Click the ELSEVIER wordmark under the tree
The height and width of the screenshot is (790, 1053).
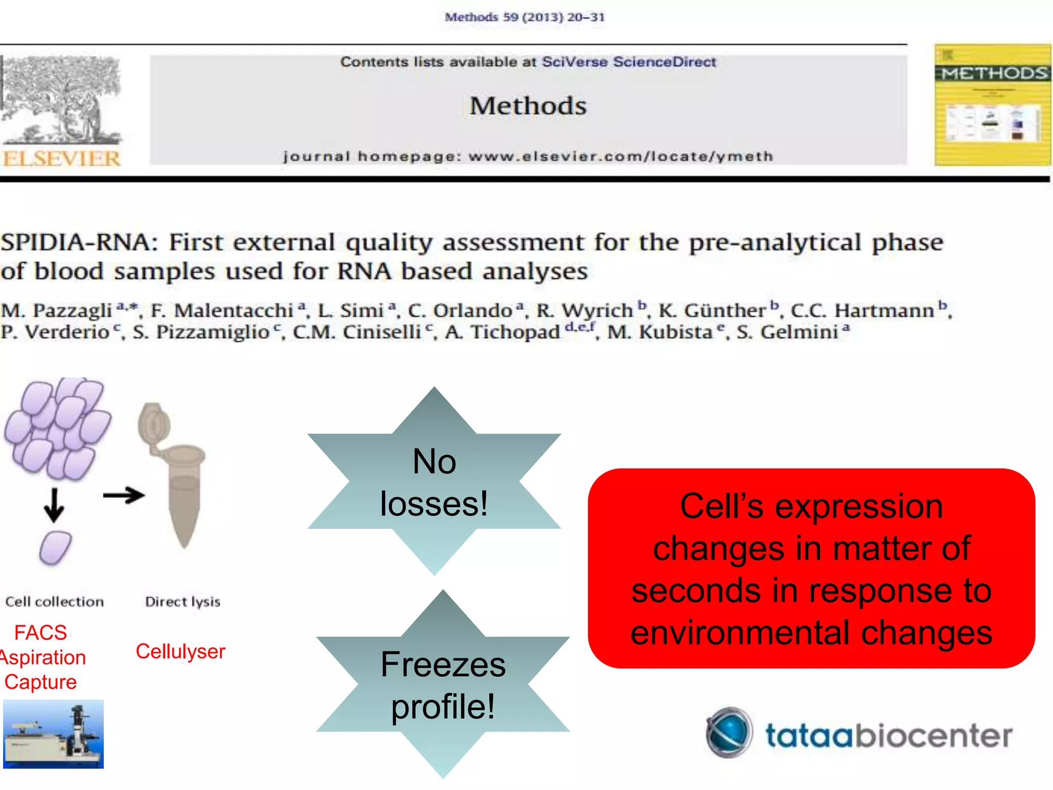pyautogui.click(x=62, y=159)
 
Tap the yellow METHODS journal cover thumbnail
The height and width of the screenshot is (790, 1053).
pyautogui.click(x=992, y=105)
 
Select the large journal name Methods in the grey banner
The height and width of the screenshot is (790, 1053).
pyautogui.click(x=528, y=106)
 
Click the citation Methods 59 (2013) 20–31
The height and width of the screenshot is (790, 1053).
pyautogui.click(x=524, y=17)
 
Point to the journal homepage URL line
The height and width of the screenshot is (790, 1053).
pyautogui.click(x=528, y=156)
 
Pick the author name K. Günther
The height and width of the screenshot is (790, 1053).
pyautogui.click(x=713, y=311)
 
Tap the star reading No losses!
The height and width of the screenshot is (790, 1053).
pyautogui.click(x=434, y=481)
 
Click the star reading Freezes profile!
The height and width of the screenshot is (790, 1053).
pyautogui.click(x=443, y=685)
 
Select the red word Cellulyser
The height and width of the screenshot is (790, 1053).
pyautogui.click(x=180, y=652)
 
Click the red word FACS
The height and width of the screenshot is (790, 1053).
pyautogui.click(x=41, y=633)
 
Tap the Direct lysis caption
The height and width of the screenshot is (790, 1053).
pyautogui.click(x=183, y=602)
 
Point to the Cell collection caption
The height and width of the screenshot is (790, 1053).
pyautogui.click(x=55, y=602)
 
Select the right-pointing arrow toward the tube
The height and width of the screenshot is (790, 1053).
pyautogui.click(x=124, y=495)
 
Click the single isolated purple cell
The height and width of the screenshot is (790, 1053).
pyautogui.click(x=55, y=548)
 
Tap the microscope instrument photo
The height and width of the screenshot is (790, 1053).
pyautogui.click(x=53, y=734)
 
